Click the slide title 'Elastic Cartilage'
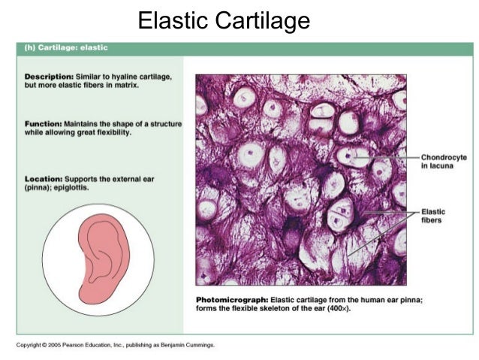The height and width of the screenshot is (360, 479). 223,20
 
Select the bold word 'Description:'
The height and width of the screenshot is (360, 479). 49,77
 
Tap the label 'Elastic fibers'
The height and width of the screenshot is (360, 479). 434,216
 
